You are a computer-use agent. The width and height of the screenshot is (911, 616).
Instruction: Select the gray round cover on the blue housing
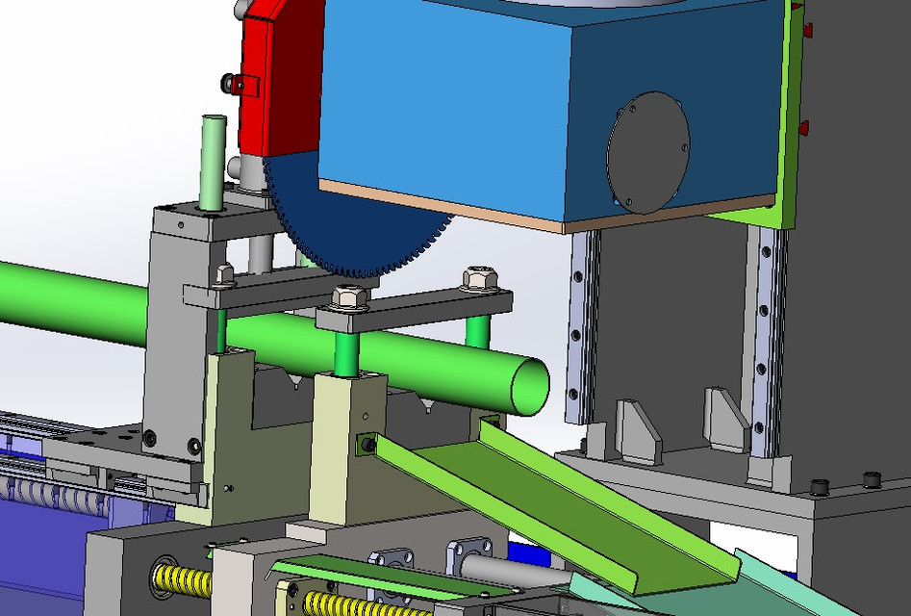coord(648,152)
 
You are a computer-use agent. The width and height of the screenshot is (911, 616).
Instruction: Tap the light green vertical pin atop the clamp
coord(213,159)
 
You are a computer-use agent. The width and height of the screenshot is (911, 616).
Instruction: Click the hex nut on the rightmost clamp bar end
coord(479,279)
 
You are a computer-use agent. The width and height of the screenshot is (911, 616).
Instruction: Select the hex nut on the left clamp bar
coord(225,275)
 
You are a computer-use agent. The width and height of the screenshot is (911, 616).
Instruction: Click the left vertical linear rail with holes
coord(582,327)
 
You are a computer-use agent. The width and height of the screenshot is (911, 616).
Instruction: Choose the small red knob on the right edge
coord(803,126)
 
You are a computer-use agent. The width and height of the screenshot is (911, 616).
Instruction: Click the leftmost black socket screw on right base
coord(820,485)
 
